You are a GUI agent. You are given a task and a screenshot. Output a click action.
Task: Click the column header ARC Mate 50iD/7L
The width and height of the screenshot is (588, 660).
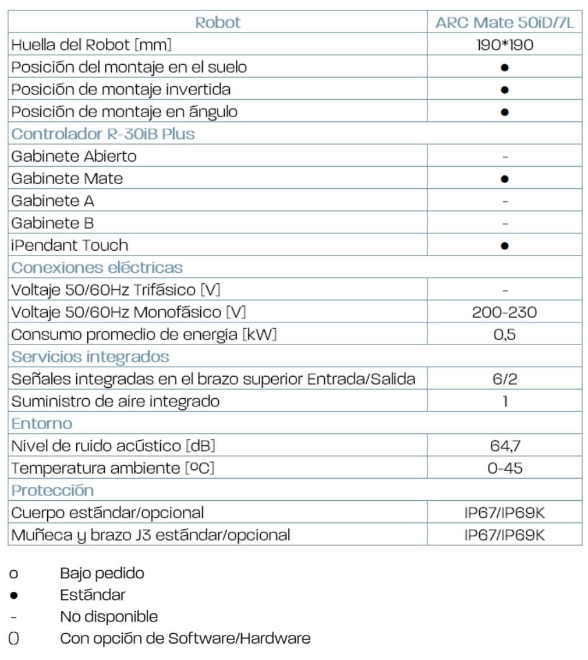(504, 23)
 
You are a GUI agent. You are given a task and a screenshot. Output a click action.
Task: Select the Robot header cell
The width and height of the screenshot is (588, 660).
(217, 23)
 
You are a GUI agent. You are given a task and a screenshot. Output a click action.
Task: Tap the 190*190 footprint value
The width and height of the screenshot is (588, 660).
(504, 45)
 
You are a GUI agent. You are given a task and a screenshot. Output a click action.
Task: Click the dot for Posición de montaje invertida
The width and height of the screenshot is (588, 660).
(505, 90)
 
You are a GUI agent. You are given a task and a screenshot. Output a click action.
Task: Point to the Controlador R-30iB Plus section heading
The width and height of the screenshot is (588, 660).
(103, 134)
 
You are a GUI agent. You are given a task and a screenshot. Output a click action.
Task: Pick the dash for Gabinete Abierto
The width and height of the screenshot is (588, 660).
(505, 156)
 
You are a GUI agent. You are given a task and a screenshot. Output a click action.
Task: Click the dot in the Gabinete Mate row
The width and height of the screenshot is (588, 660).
(505, 179)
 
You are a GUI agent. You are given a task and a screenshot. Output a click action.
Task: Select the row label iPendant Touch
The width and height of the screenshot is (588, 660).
(69, 245)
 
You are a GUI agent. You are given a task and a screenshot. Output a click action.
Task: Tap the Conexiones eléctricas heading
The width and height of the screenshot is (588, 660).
(97, 268)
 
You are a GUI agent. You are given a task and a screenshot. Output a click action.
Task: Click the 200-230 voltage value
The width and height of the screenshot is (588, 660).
(504, 313)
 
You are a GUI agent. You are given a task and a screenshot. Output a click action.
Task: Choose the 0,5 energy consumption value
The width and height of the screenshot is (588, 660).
(504, 335)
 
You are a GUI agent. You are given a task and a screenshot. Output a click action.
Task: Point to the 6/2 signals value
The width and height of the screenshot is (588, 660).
(504, 380)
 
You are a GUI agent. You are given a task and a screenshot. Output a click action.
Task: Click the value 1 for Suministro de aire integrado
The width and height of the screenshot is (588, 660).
(505, 402)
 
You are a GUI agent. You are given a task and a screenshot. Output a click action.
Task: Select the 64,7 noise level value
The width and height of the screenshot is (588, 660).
(504, 446)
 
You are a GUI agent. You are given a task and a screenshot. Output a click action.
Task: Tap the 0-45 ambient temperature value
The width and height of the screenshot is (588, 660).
(504, 468)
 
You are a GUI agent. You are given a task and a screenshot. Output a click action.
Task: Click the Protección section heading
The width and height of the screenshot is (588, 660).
(52, 490)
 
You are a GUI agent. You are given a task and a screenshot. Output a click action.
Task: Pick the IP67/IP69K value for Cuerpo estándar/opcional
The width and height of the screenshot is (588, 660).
(504, 513)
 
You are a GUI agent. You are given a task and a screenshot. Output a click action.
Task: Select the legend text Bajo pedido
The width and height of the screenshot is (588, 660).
(102, 573)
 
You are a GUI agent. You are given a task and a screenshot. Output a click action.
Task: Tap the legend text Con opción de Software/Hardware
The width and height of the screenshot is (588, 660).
(185, 638)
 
